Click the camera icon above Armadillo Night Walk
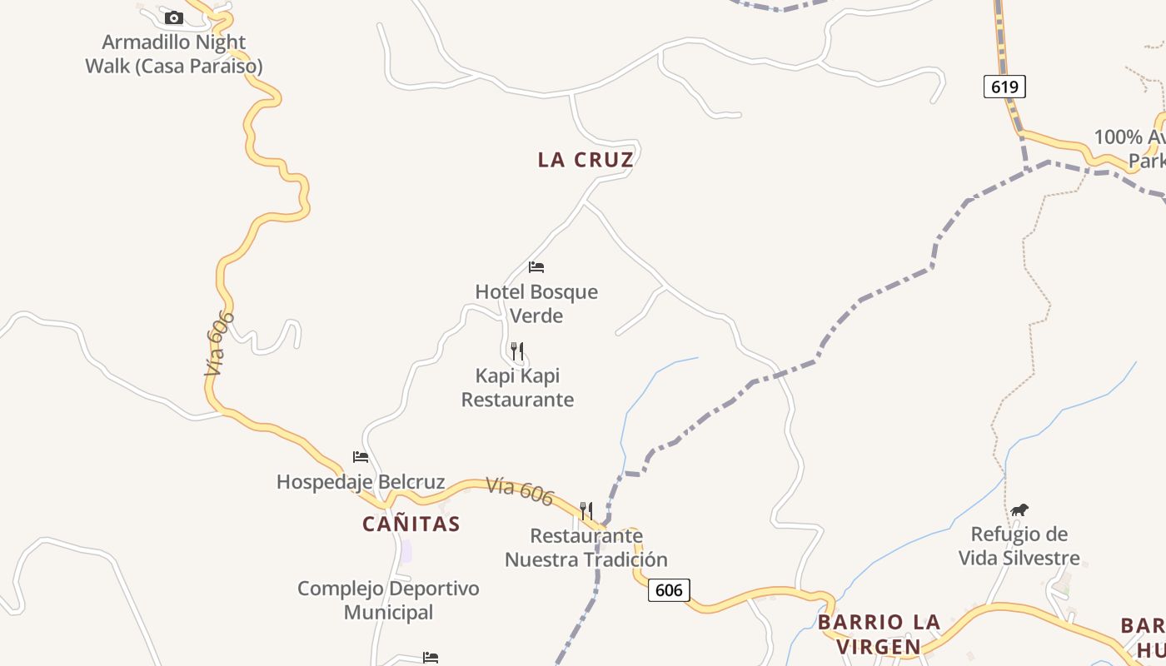point(173,17)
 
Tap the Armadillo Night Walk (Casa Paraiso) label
point(174,54)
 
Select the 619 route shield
point(1004,87)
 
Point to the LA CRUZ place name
point(585,160)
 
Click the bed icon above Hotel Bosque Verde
point(536,267)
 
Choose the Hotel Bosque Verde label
point(536,304)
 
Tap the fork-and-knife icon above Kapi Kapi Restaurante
point(517,350)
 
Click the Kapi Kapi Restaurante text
point(517,387)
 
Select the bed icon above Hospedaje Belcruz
point(361,457)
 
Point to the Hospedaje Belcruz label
point(361,482)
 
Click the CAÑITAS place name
point(411,524)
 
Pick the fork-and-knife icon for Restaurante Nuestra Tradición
point(586,510)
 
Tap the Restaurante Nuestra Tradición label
point(586,547)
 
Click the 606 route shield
point(669,590)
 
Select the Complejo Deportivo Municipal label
point(388,600)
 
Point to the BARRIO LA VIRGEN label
point(879,634)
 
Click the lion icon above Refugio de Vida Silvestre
point(1019,509)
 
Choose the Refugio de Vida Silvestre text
point(1019,545)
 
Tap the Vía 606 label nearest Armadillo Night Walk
point(218,344)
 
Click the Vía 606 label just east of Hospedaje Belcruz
point(520,490)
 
